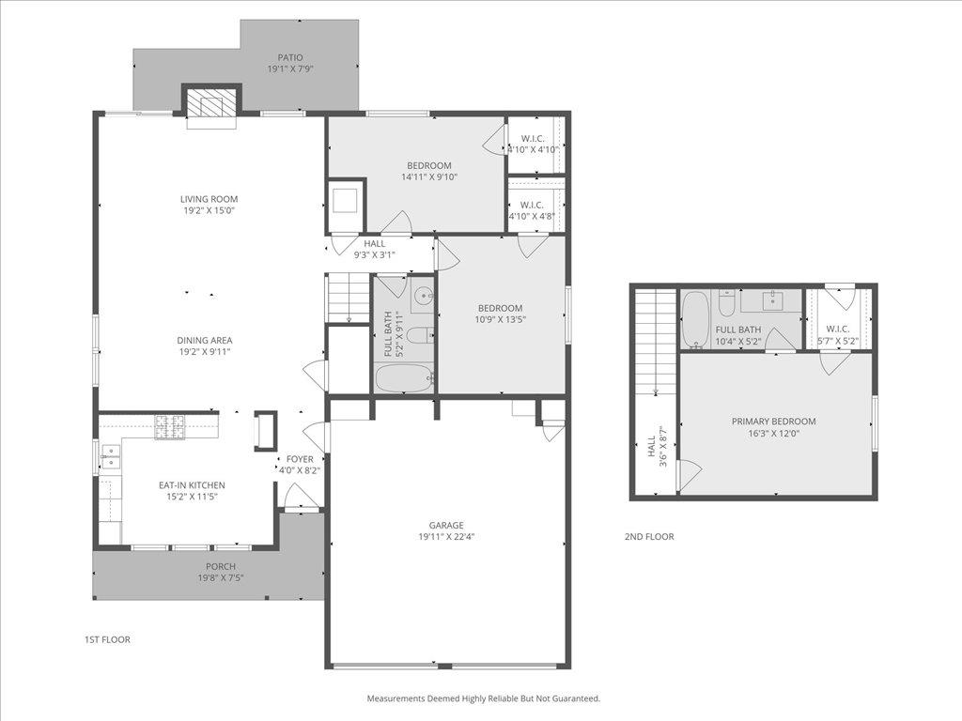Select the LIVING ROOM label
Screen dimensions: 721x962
[x=209, y=199]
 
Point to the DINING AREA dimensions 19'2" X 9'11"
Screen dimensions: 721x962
[x=204, y=352]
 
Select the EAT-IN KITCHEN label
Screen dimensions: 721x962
[x=192, y=485]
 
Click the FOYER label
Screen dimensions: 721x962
[x=300, y=459]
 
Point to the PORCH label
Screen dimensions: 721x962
[x=221, y=566]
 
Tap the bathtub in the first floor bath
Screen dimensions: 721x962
[x=404, y=378]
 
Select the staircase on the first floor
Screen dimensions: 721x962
[x=348, y=298]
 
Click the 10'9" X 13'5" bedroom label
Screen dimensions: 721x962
[x=500, y=308]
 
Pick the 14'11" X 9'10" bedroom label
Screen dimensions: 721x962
[x=428, y=166]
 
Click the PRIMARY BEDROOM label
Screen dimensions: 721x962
[x=773, y=422]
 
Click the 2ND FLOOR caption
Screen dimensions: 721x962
[x=649, y=537]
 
